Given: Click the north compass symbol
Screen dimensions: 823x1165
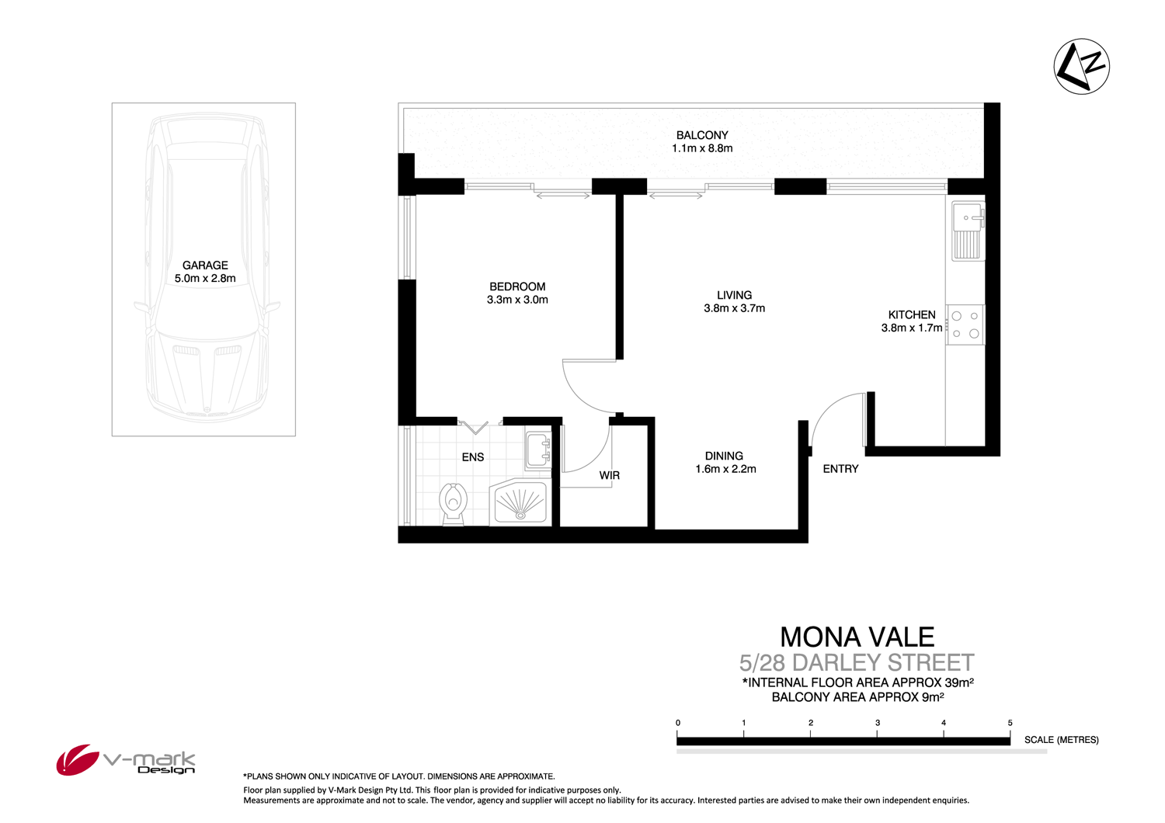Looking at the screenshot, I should [1081, 67].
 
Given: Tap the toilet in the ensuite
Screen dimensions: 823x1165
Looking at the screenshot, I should [453, 502].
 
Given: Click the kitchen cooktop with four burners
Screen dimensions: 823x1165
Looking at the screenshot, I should [965, 325].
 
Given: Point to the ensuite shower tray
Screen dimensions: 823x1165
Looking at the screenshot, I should [520, 502].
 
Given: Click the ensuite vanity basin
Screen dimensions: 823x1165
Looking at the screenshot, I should [538, 450].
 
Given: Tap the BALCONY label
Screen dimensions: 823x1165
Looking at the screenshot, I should [702, 135].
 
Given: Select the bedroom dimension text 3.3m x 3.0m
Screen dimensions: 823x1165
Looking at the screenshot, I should [517, 300].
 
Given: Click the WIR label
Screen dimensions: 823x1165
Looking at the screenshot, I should [610, 475].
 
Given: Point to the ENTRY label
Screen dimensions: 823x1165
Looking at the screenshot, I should [840, 469].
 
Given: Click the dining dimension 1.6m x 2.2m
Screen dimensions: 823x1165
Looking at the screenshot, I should [725, 469].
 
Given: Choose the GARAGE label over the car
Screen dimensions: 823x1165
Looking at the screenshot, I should [205, 265].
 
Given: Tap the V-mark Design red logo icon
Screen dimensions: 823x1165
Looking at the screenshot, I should [76, 759].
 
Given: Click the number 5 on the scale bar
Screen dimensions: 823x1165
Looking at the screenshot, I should [1010, 723].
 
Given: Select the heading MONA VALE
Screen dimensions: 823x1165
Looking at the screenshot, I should [857, 637].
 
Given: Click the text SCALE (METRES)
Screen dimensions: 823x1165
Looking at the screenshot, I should [1061, 740].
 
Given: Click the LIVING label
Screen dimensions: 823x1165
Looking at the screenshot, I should [734, 295].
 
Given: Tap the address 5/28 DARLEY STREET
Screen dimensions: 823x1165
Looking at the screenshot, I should [857, 663].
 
